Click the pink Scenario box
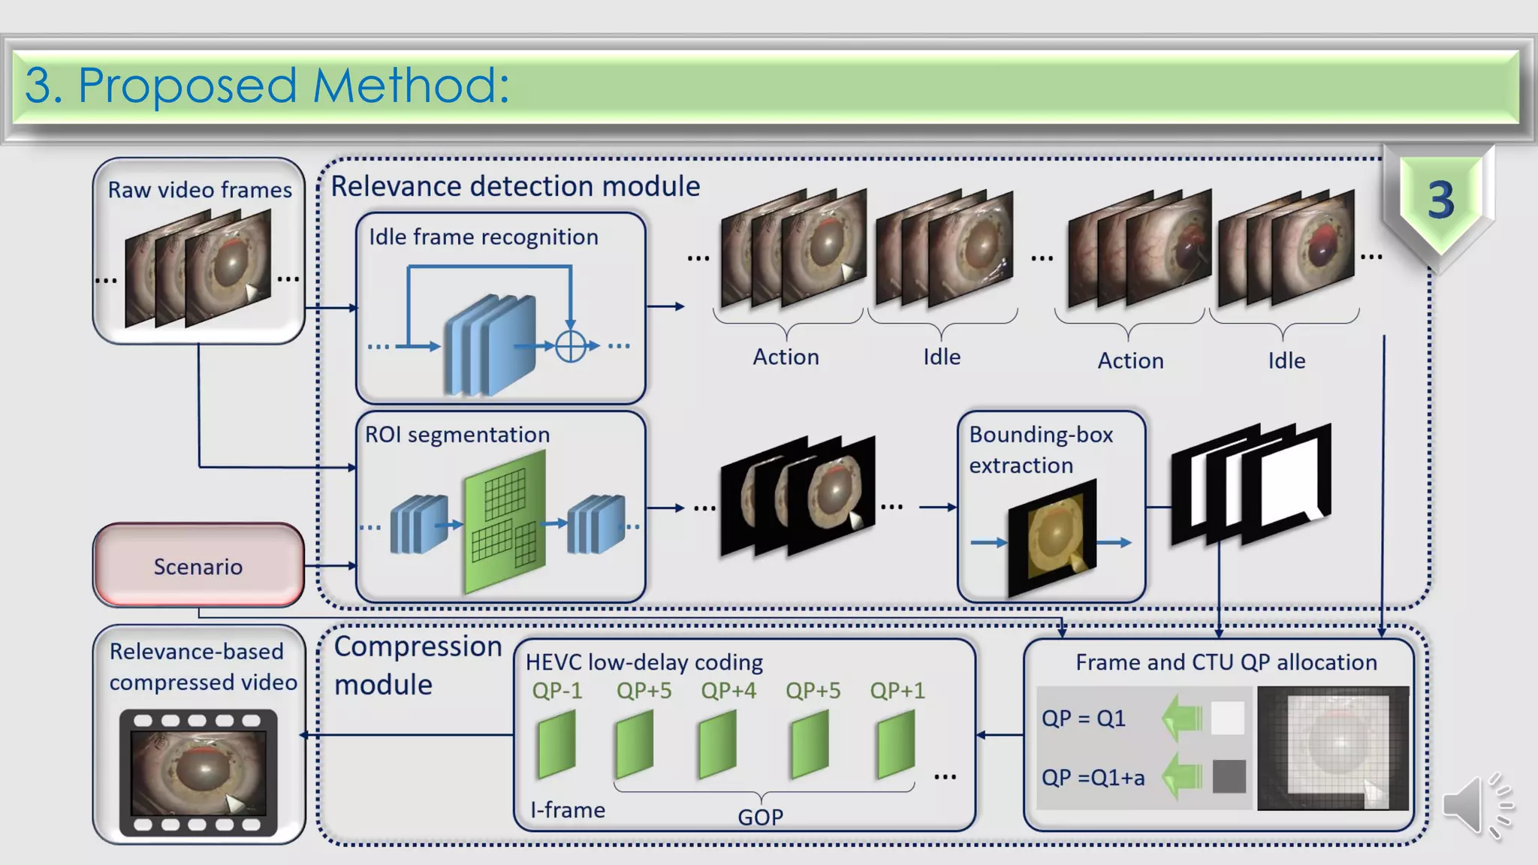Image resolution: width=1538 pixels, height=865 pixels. pos(198,565)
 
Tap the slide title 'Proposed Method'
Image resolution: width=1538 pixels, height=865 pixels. pos(267,85)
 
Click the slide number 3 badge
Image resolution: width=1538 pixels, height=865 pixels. pos(1440,201)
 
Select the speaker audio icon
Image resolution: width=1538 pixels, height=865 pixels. pos(1476,806)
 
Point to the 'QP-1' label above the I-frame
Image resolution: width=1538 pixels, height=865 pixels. pos(556,690)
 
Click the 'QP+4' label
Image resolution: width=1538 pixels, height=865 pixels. pos(728,690)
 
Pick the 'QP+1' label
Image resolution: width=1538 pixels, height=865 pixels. pos(897,690)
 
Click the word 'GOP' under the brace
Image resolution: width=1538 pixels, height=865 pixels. pos(760,816)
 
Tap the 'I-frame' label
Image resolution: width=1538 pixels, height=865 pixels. pos(567,809)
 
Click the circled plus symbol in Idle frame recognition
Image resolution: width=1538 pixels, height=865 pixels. pos(571,346)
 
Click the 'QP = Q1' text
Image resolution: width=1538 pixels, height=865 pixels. pos(1083,718)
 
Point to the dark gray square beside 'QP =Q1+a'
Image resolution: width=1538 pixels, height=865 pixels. pos(1229,776)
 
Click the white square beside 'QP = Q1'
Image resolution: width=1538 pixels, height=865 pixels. pos(1227,718)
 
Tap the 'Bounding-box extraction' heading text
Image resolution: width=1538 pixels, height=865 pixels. pos(1040,449)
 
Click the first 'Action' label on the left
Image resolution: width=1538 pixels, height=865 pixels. pos(786,357)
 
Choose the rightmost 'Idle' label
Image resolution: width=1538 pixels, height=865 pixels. pos(1286,360)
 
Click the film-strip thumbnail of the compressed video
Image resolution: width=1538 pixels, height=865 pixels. pos(198,773)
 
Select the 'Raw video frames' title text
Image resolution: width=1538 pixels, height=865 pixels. pos(200,189)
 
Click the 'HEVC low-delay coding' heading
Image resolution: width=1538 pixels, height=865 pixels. pos(644,662)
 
